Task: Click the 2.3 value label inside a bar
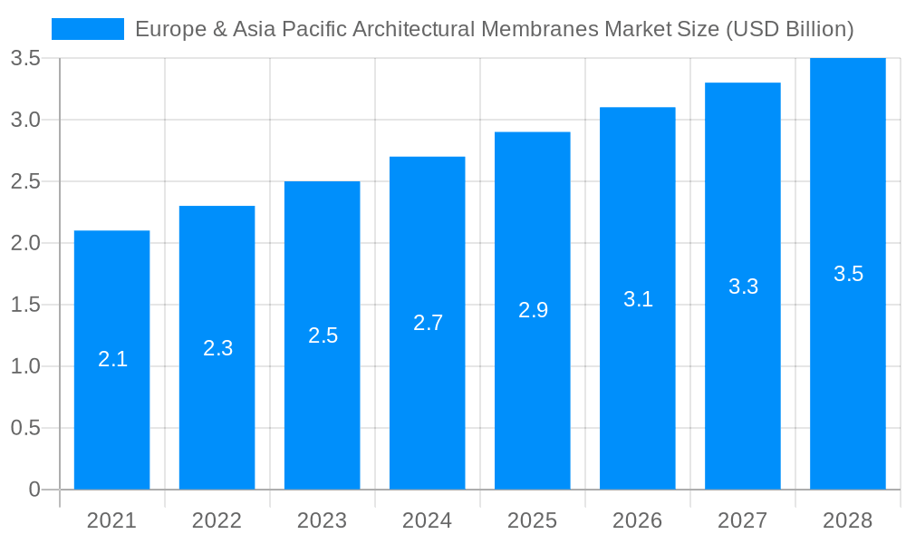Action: point(217,348)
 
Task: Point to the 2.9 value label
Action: point(533,310)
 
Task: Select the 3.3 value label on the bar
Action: point(743,287)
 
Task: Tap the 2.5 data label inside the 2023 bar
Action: point(323,335)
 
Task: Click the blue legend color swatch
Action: point(88,29)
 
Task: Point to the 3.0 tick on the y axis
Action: point(24,120)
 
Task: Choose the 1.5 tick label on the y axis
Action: point(24,305)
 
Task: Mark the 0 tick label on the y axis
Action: point(34,490)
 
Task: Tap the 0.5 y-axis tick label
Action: point(24,428)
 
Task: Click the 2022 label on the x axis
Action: point(217,520)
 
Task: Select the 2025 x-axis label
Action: point(532,520)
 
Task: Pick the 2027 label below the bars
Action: point(742,520)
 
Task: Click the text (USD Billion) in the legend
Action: point(789,29)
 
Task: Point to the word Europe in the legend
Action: point(168,29)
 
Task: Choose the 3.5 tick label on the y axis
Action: point(24,58)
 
